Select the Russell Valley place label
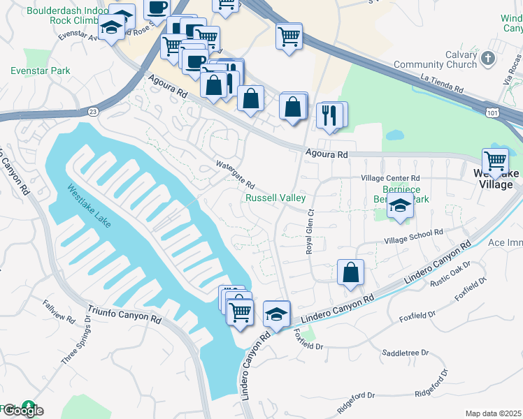[275, 198]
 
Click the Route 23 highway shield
[94, 110]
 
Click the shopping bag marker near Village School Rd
[350, 273]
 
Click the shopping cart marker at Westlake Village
[495, 161]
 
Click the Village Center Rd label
[391, 178]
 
